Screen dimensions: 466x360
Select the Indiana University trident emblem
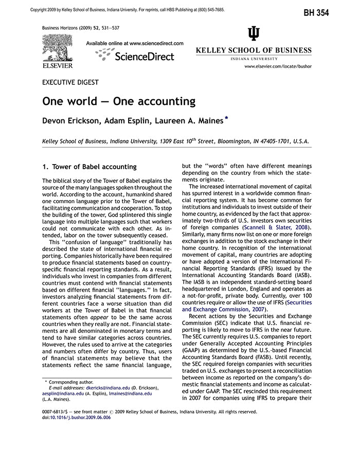click(x=254, y=33)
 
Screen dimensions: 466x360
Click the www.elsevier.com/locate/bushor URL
click(x=278, y=66)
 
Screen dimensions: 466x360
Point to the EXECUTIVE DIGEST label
click(x=70, y=82)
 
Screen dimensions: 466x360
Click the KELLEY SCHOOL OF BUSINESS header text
click(x=254, y=50)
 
